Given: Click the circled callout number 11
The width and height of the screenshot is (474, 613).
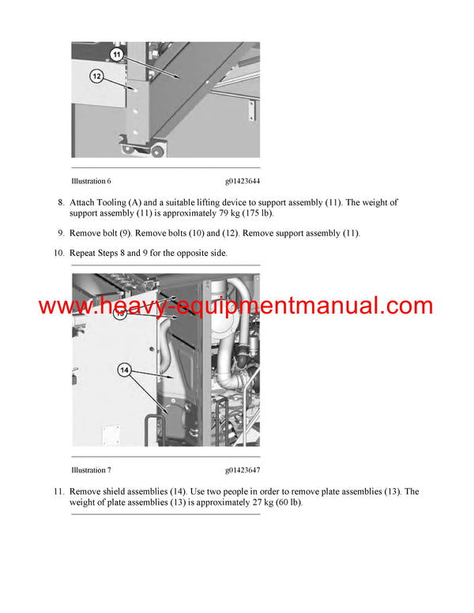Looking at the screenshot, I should point(116,55).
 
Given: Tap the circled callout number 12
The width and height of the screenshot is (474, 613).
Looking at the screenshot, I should point(96,77).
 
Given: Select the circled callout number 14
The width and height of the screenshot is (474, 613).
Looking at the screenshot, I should point(124,368).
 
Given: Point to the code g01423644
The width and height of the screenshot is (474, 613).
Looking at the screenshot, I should point(243,182).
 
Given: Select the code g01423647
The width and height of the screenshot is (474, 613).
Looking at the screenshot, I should point(243,470).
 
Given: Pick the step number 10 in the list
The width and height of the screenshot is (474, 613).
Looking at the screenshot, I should point(58,253).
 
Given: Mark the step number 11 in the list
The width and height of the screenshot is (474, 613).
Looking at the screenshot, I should point(58,491).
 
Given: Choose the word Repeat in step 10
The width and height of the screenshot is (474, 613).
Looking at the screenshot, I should point(84,253).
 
